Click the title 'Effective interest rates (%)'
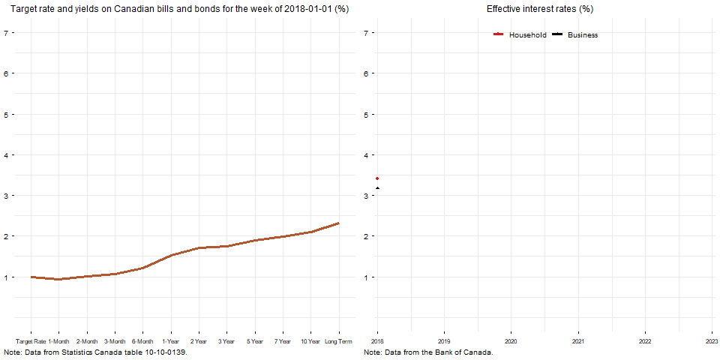click(x=540, y=9)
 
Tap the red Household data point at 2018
click(x=377, y=178)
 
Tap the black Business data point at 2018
click(x=377, y=188)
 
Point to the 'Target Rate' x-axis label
click(x=31, y=341)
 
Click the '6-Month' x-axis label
click(x=142, y=341)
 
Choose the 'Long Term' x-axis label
click(x=338, y=341)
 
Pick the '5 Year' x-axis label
click(x=254, y=341)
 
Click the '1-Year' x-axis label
click(x=171, y=341)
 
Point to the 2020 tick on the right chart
click(x=511, y=341)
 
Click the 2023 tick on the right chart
click(x=712, y=341)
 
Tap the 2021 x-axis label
click(x=578, y=341)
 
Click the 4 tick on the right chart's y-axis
click(x=367, y=155)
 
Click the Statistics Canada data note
click(x=95, y=352)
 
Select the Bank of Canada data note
click(x=428, y=352)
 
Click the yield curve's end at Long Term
click(x=338, y=223)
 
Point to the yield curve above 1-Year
click(x=171, y=256)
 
